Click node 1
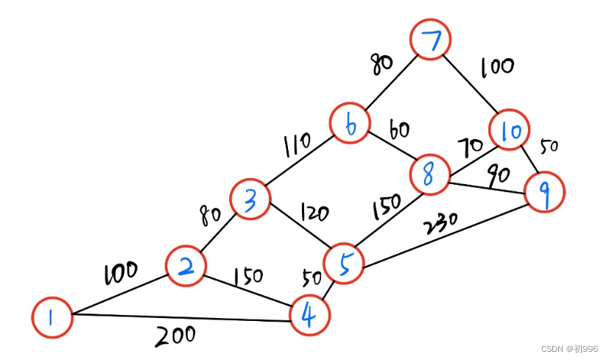click(x=52, y=317)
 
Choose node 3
click(x=250, y=199)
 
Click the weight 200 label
click(x=175, y=336)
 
